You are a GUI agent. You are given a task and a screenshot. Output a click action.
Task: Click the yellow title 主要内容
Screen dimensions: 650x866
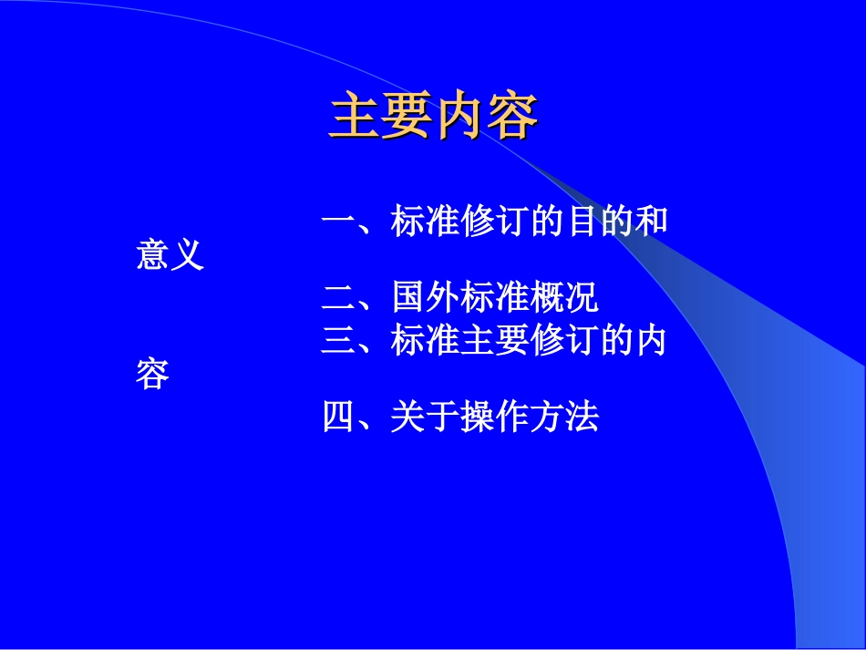click(x=433, y=116)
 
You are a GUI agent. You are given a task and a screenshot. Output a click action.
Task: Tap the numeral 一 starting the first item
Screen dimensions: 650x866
click(x=338, y=222)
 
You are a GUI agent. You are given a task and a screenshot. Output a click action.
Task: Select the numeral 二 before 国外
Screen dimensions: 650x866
click(x=338, y=297)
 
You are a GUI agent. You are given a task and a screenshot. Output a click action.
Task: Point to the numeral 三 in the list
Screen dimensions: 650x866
click(x=338, y=341)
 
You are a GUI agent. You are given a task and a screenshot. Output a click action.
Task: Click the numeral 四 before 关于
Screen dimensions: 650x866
click(x=338, y=418)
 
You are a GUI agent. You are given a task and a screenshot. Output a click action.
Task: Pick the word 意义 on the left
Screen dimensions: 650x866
click(x=170, y=256)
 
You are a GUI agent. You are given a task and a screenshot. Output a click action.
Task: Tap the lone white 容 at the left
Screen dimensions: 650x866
click(x=152, y=375)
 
